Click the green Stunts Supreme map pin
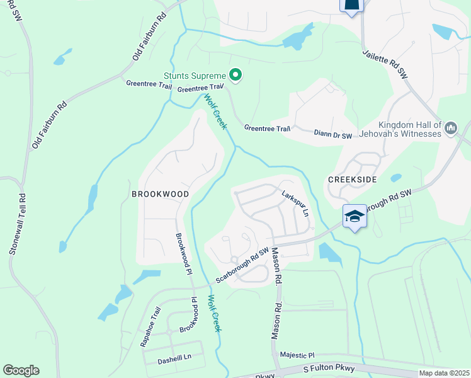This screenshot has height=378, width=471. [x=236, y=76]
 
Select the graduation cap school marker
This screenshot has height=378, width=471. [x=355, y=217]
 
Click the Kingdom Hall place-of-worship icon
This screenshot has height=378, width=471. [x=451, y=129]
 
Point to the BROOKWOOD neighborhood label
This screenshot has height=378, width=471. [x=160, y=194]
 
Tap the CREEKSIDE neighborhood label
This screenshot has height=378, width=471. [x=352, y=180]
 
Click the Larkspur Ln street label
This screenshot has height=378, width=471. [x=295, y=203]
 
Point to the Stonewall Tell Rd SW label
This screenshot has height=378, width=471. [x=17, y=224]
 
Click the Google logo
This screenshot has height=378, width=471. [x=21, y=370]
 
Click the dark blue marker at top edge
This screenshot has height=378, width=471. [x=352, y=6]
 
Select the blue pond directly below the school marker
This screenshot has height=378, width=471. [x=329, y=252]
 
